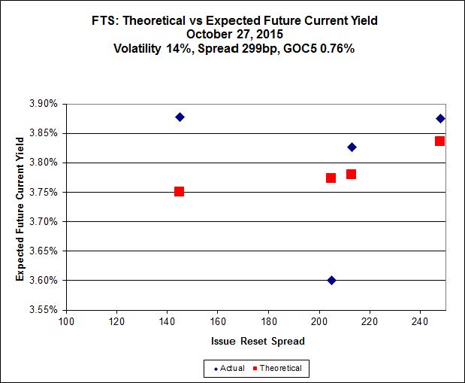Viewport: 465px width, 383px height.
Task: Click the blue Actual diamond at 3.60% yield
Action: tap(331, 280)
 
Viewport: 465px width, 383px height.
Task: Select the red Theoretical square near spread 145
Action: tap(179, 191)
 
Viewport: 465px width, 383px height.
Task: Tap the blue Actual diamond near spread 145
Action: tap(180, 117)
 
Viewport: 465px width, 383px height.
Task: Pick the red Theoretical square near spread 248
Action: tap(439, 141)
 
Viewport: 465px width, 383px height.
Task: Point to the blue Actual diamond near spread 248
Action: tap(440, 118)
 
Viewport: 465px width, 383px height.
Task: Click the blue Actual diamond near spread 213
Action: tap(352, 147)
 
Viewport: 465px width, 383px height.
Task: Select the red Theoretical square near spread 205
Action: tap(331, 178)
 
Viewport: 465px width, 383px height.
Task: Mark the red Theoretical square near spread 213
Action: tap(351, 174)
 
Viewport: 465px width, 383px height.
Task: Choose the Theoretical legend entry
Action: tap(277, 368)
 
